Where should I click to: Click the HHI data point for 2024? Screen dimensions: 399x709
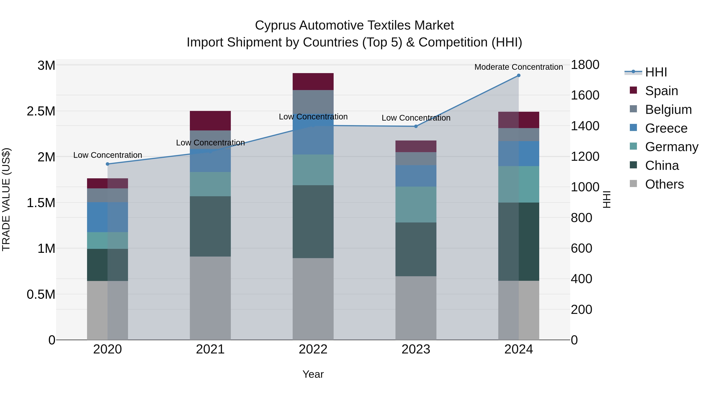(519, 75)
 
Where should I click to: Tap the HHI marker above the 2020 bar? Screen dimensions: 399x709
(108, 164)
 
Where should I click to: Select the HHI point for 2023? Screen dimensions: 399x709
(416, 126)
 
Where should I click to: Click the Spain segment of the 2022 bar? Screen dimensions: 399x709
(313, 82)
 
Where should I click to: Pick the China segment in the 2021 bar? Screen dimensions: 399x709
(210, 226)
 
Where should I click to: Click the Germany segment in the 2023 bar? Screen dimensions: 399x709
(416, 205)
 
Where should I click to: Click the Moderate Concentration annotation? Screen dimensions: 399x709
(519, 67)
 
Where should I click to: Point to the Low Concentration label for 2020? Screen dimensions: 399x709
(108, 155)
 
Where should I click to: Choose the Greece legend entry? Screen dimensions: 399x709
(666, 128)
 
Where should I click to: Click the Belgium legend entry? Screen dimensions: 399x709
(668, 110)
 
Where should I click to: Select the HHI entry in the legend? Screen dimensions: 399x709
(656, 72)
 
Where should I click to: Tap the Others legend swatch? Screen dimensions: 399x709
(633, 184)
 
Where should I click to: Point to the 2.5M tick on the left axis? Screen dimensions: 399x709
(41, 112)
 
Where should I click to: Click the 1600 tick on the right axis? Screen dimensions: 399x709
(585, 95)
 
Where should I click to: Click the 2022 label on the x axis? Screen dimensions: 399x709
(313, 349)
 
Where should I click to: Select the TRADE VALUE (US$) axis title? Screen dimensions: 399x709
(6, 199)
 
